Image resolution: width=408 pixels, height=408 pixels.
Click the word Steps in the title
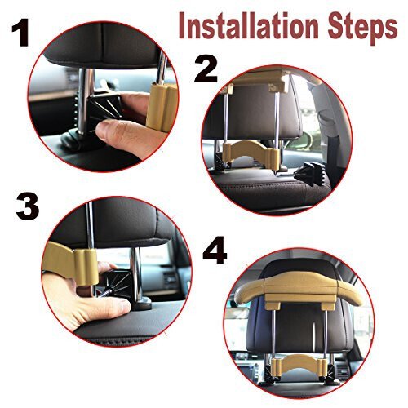click(x=362, y=29)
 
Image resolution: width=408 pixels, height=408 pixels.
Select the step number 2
click(x=206, y=70)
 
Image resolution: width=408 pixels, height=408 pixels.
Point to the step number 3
click(x=28, y=206)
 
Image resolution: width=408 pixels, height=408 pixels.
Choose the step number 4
click(x=215, y=251)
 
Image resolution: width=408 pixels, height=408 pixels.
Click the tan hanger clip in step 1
click(x=161, y=108)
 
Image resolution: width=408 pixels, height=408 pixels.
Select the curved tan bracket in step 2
click(x=251, y=152)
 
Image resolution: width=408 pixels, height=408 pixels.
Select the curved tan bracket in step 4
click(x=299, y=365)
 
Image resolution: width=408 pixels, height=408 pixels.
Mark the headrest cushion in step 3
click(x=114, y=223)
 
